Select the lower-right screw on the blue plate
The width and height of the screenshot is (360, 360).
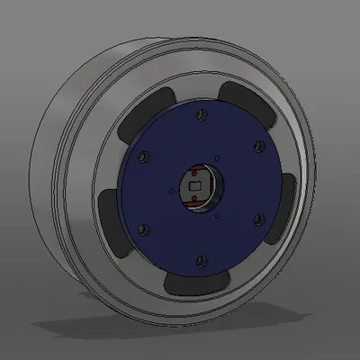click(258, 218)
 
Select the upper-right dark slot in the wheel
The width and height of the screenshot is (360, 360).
click(245, 101)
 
